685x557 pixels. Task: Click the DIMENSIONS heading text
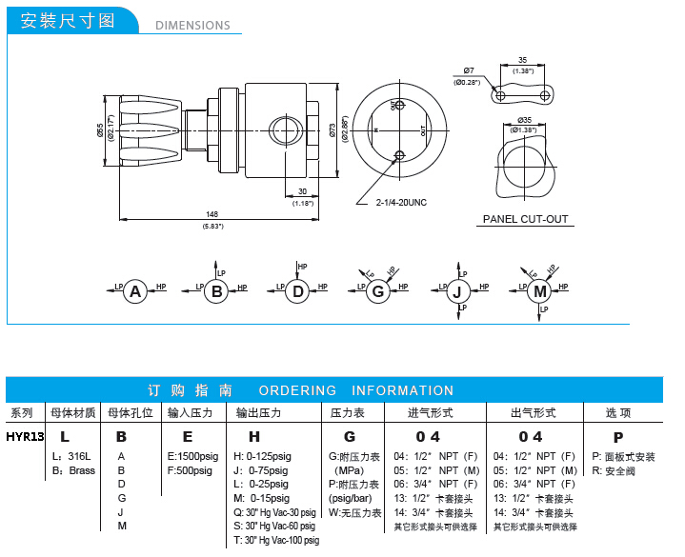tap(192, 26)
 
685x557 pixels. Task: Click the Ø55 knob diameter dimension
tap(100, 130)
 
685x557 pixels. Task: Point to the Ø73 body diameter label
tap(332, 130)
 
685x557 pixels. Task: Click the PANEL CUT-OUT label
tap(525, 219)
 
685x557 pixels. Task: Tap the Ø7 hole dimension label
tap(469, 71)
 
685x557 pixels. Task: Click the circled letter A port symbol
tap(135, 291)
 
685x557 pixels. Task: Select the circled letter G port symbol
tap(378, 291)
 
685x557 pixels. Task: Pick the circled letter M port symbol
tap(541, 291)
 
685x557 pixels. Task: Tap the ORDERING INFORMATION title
tap(356, 390)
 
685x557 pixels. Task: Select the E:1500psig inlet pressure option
tap(192, 457)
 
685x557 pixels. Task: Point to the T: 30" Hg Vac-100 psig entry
tap(276, 540)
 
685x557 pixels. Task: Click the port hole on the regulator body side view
tap(282, 128)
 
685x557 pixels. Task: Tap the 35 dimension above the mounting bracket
tap(523, 59)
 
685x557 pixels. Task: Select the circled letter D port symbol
tap(298, 291)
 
